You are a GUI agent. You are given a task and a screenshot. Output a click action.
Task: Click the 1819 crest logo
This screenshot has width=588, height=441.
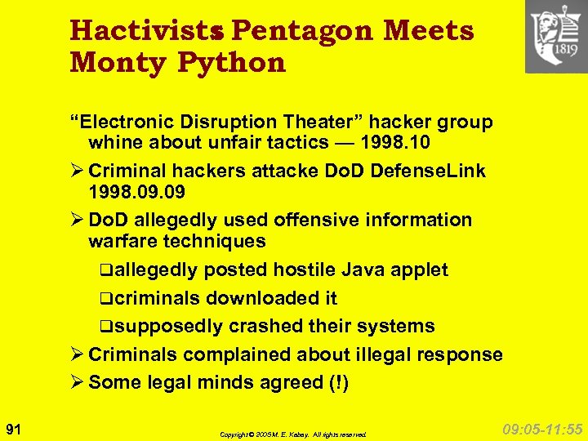pos(556,37)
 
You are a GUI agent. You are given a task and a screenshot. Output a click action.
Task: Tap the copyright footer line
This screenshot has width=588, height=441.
pos(293,434)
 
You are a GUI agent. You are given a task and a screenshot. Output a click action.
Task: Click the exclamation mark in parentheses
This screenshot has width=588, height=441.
pos(340,382)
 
